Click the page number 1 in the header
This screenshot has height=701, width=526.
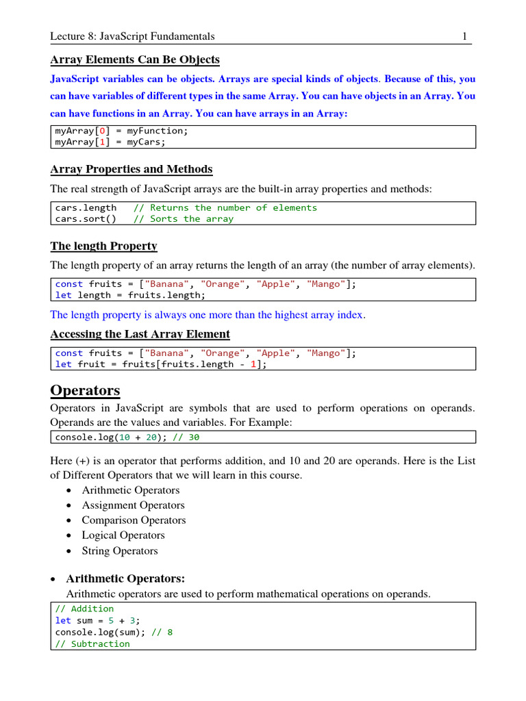[465, 36]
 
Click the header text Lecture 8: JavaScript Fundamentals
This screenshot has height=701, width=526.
[133, 36]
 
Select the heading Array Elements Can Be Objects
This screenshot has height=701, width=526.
[135, 60]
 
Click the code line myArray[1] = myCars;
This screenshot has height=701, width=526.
[110, 142]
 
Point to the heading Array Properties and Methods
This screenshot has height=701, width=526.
[131, 169]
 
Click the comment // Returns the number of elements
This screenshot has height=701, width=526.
[225, 207]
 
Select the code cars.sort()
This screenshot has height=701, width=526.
[86, 219]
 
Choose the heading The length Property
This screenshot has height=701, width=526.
[103, 246]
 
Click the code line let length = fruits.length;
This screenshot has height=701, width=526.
[129, 295]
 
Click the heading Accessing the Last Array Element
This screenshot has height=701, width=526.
[140, 334]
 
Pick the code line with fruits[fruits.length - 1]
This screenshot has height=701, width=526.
[160, 364]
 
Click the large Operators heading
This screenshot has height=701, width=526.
[86, 391]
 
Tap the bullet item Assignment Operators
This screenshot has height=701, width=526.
[133, 505]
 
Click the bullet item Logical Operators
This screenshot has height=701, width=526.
[123, 535]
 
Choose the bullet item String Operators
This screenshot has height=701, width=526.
[120, 550]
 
